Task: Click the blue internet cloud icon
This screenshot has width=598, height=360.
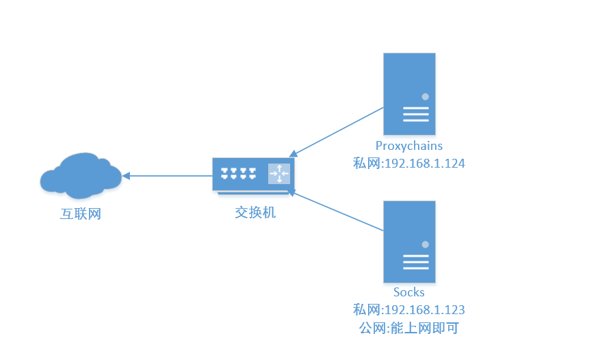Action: pos(79,174)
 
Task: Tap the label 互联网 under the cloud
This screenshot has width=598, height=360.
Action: pos(81,214)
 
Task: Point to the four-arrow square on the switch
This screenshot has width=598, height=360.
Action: pos(279,174)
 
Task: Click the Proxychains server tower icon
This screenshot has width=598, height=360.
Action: pos(409,94)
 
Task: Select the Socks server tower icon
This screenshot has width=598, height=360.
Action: pos(409,242)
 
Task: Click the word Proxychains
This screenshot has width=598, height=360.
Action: pos(409,146)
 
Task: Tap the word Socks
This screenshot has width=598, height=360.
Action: pos(409,292)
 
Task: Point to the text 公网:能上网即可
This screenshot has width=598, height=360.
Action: pos(409,328)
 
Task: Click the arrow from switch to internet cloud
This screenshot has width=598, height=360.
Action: pos(168,176)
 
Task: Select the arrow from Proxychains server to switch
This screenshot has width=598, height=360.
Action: pos(335,131)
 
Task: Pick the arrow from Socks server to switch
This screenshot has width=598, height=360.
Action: pos(335,211)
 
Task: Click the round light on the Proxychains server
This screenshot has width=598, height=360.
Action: pos(425,97)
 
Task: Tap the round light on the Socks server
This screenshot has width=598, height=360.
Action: pos(425,244)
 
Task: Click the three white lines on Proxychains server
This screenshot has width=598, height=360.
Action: pos(415,114)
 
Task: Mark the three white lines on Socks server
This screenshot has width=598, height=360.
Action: pos(415,262)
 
